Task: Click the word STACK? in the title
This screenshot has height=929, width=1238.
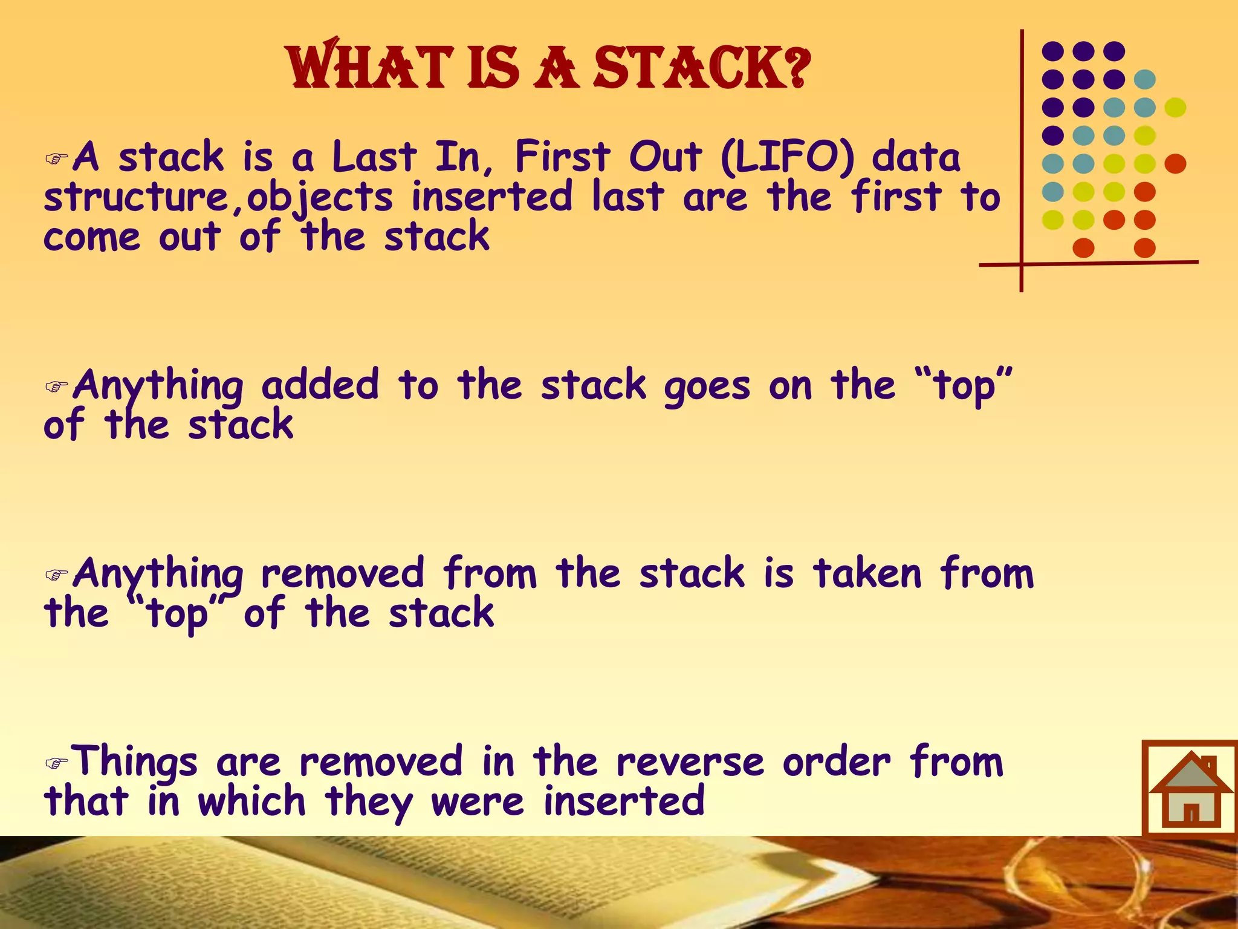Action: tap(701, 68)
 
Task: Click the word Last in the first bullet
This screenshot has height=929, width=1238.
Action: tap(374, 157)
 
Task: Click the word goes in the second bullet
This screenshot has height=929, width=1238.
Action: tap(707, 387)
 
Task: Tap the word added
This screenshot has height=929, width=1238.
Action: tap(320, 385)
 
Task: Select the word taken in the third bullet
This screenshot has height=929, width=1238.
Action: tap(867, 573)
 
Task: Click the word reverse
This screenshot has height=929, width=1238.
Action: tap(690, 762)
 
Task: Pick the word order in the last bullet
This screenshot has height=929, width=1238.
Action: tap(836, 762)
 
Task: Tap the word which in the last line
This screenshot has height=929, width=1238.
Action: tap(251, 801)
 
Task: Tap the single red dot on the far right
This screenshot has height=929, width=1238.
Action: tap(1175, 164)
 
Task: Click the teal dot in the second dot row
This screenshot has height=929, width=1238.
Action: tap(1144, 79)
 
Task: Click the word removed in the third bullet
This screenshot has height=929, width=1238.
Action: tap(343, 573)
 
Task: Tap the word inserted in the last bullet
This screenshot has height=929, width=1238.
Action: tap(624, 801)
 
